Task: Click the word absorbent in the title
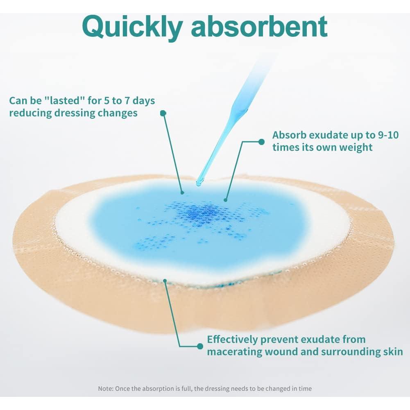(259, 27)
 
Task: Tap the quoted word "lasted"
(65, 100)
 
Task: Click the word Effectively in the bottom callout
(232, 340)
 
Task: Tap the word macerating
(234, 352)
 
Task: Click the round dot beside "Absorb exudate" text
(261, 142)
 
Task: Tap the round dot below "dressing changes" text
(163, 113)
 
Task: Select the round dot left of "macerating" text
(200, 346)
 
